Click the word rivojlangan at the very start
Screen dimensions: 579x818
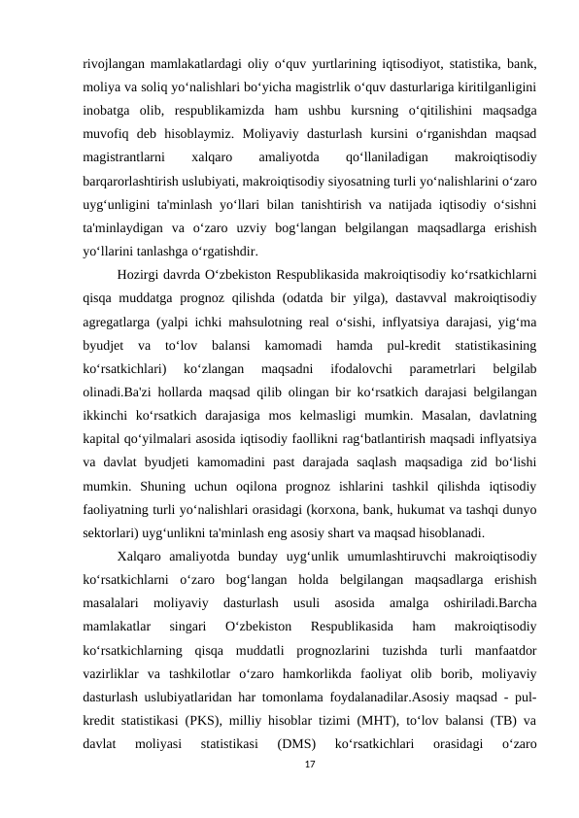(113, 65)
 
